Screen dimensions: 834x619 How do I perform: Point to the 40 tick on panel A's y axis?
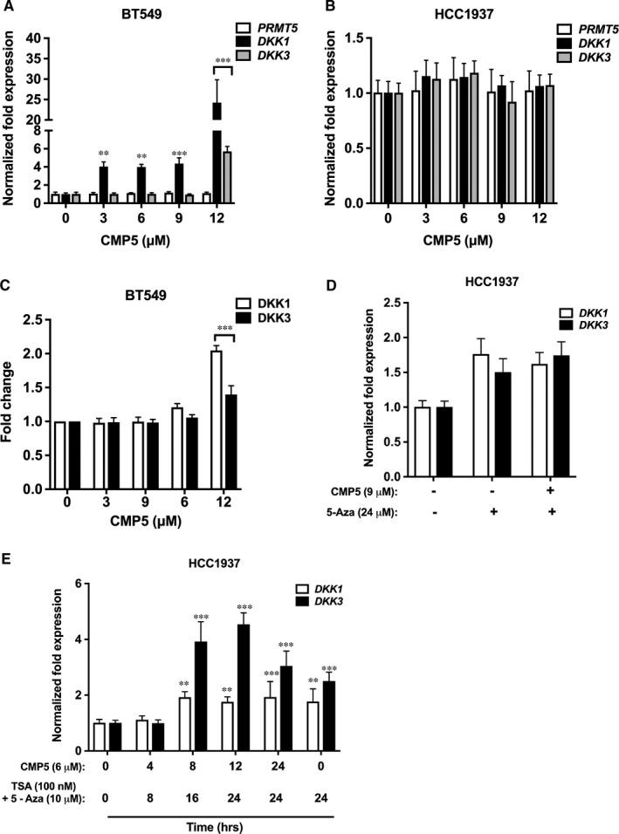pos(35,38)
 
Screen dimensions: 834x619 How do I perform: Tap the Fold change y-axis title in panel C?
pos(11,406)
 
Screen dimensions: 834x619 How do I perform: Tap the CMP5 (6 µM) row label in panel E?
pos(45,765)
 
